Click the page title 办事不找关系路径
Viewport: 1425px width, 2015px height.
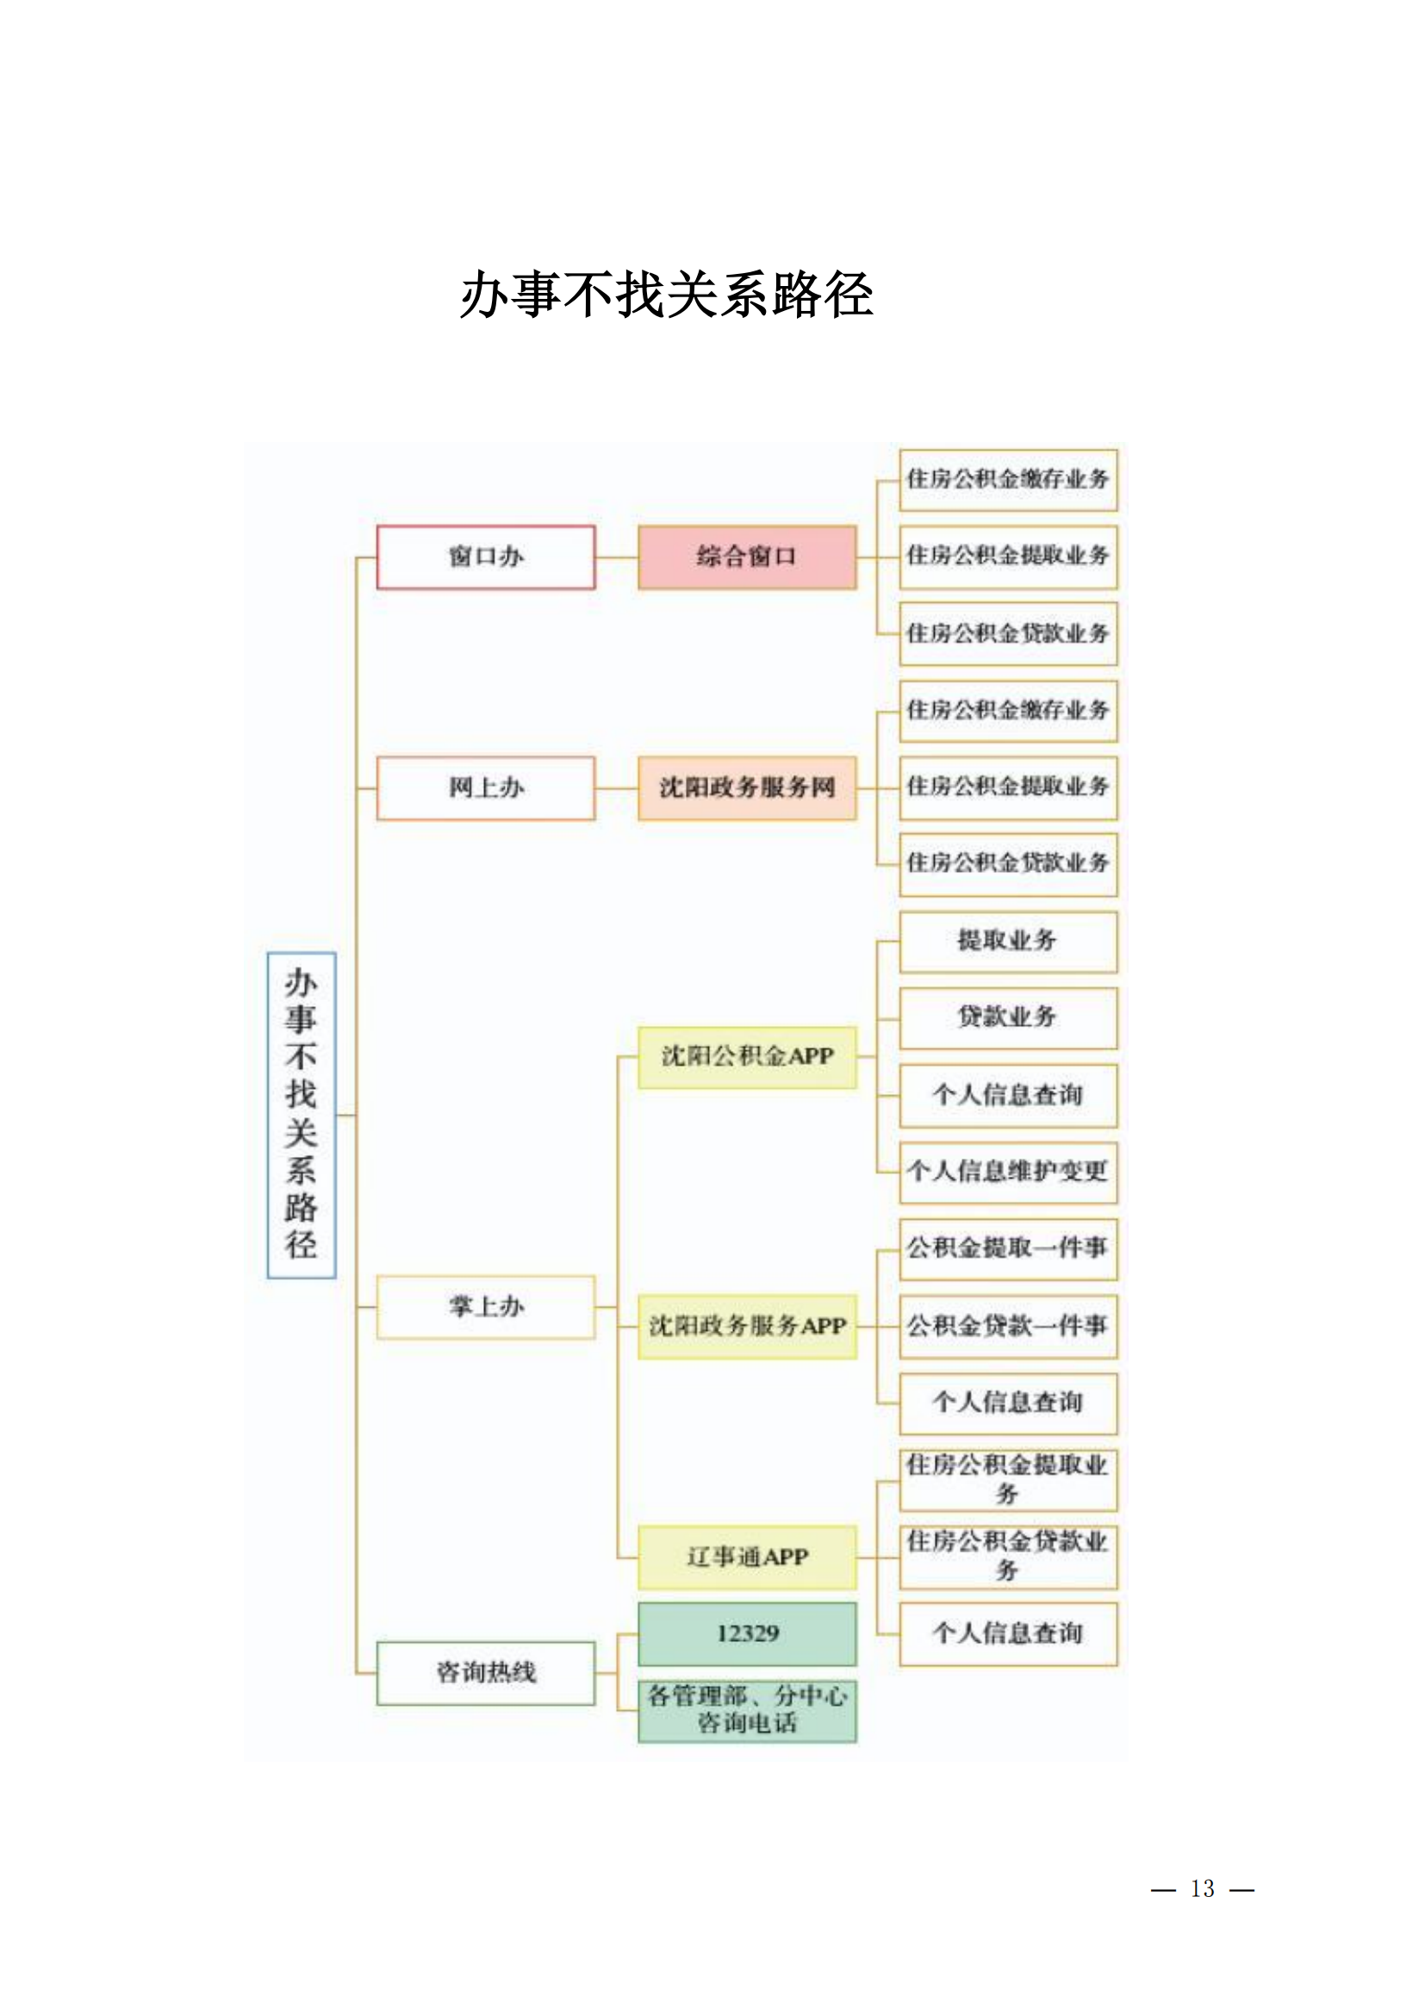[x=667, y=294]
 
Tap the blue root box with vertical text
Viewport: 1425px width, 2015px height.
[x=301, y=1115]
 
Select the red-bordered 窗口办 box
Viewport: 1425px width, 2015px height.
[x=486, y=557]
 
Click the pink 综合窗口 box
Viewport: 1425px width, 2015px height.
[x=747, y=557]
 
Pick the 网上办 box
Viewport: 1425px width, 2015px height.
[x=486, y=788]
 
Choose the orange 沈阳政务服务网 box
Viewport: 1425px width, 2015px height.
[x=747, y=788]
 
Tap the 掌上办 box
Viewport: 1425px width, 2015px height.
[x=486, y=1307]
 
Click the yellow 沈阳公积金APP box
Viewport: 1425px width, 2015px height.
[x=747, y=1057]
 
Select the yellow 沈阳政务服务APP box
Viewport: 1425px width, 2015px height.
[x=747, y=1326]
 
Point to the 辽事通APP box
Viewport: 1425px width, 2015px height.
[x=747, y=1557]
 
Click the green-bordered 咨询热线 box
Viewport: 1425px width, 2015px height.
[x=486, y=1673]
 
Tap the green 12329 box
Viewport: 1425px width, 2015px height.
[x=747, y=1634]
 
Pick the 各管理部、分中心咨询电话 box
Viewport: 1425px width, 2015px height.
[x=747, y=1712]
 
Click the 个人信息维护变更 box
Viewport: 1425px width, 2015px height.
[x=1008, y=1172]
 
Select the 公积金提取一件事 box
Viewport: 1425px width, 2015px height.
[x=1008, y=1249]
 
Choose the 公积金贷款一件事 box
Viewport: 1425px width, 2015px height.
[x=1008, y=1326]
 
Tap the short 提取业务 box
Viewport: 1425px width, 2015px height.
[x=1008, y=942]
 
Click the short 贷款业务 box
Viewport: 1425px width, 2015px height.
[x=1008, y=1018]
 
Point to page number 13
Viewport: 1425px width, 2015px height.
[x=1202, y=1888]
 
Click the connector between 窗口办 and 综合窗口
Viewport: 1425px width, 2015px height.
[x=617, y=557]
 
